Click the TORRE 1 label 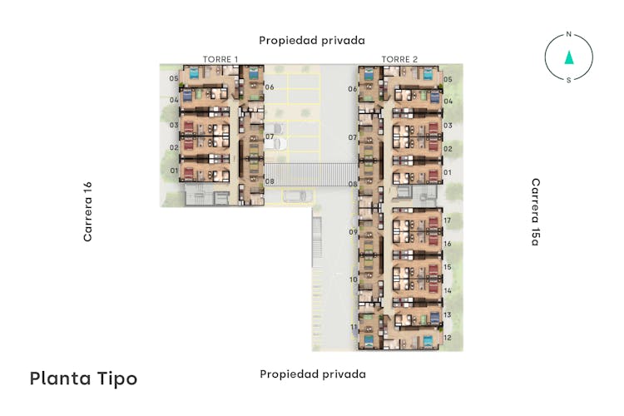click(220, 59)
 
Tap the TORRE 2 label click(399, 59)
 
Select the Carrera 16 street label click(87, 211)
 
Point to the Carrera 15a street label click(536, 212)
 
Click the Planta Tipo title click(83, 379)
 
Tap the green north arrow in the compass click(569, 57)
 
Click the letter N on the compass click(569, 34)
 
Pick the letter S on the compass click(569, 80)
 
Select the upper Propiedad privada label click(312, 41)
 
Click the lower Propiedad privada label click(313, 374)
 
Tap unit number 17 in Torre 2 click(448, 220)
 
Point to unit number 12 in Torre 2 click(448, 338)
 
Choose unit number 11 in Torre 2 click(354, 327)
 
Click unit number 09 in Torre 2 click(353, 231)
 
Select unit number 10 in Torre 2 click(354, 280)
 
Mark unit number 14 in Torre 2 click(448, 290)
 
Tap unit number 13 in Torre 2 click(448, 314)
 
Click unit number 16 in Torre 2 click(448, 244)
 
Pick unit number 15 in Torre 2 click(448, 267)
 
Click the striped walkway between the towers click(311, 175)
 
